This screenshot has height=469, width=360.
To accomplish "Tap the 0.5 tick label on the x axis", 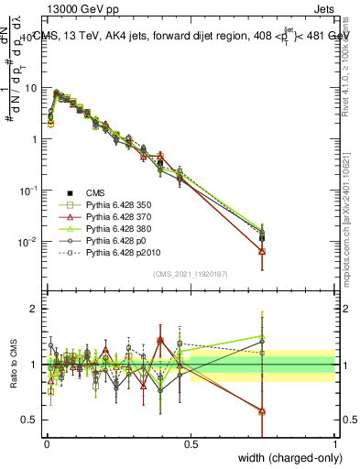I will (x=191, y=442).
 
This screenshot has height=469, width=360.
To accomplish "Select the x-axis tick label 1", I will (x=335, y=442).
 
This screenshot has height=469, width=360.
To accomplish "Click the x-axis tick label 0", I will (x=46, y=442).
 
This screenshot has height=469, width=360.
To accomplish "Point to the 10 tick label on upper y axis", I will (x=31, y=88).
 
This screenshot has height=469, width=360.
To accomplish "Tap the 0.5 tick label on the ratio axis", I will (x=32, y=420).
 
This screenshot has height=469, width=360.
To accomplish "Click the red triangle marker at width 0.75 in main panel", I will (x=263, y=250).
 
